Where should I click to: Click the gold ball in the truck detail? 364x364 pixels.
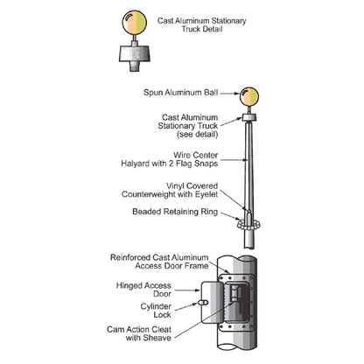pyautogui.click(x=135, y=23)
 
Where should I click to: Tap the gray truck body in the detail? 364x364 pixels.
pyautogui.click(x=135, y=53)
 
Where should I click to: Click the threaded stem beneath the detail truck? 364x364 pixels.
pyautogui.click(x=135, y=66)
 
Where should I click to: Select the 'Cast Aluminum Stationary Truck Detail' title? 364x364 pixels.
pyautogui.click(x=202, y=24)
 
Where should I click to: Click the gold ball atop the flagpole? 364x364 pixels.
pyautogui.click(x=249, y=96)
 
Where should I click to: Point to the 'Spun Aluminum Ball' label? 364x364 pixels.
pyautogui.click(x=180, y=93)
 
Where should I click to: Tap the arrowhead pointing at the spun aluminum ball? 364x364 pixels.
pyautogui.click(x=236, y=94)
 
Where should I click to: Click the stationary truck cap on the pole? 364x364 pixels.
pyautogui.click(x=249, y=117)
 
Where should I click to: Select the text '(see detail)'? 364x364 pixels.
pyautogui.click(x=198, y=135)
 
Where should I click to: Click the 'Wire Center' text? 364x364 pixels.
pyautogui.click(x=196, y=155)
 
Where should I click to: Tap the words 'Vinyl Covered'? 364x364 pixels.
pyautogui.click(x=192, y=185)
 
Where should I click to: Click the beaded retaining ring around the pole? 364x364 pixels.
pyautogui.click(x=248, y=225)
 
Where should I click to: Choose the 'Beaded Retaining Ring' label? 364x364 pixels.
pyautogui.click(x=175, y=212)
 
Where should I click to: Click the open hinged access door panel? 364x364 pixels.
pyautogui.click(x=212, y=302)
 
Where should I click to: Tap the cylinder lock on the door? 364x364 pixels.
pyautogui.click(x=203, y=303)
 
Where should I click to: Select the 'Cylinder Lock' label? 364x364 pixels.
pyautogui.click(x=156, y=311)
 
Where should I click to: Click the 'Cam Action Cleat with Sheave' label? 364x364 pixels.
pyautogui.click(x=139, y=333)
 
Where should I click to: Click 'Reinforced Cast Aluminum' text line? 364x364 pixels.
pyautogui.click(x=159, y=257)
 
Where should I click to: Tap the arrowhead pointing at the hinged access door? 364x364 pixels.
pyautogui.click(x=197, y=290)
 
